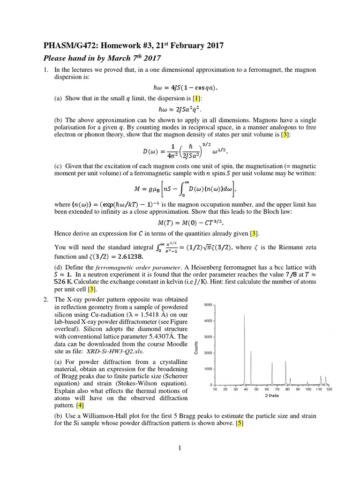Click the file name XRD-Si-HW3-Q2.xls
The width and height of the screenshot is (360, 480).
pos(115,351)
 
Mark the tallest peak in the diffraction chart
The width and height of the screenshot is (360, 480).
pos(244,315)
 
